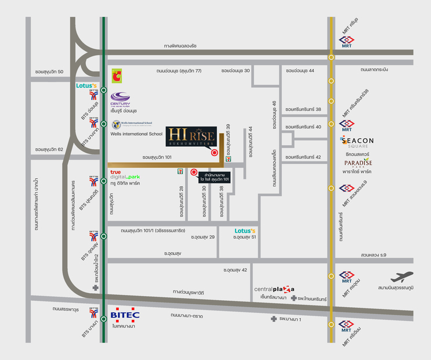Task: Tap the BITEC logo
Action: point(125,315)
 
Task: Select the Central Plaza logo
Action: point(274,289)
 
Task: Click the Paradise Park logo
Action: point(357,164)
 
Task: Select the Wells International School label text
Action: point(136,134)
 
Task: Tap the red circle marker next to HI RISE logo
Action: point(215,153)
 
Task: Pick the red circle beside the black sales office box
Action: point(194,172)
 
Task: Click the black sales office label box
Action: point(215,177)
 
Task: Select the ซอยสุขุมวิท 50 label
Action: point(49,71)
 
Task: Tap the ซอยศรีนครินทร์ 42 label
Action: point(303,157)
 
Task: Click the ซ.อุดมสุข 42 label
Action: point(236,270)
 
